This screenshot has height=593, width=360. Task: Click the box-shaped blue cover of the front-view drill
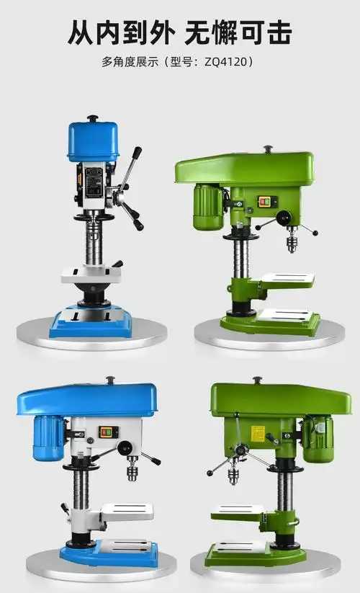[x=93, y=141]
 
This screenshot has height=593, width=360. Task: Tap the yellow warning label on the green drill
[x=257, y=433]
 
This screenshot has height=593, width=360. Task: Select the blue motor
[x=48, y=439]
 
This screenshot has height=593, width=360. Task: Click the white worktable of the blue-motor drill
[x=127, y=512]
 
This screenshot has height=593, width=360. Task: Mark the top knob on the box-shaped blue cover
[x=92, y=119]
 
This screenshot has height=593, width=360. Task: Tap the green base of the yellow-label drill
[x=274, y=555]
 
